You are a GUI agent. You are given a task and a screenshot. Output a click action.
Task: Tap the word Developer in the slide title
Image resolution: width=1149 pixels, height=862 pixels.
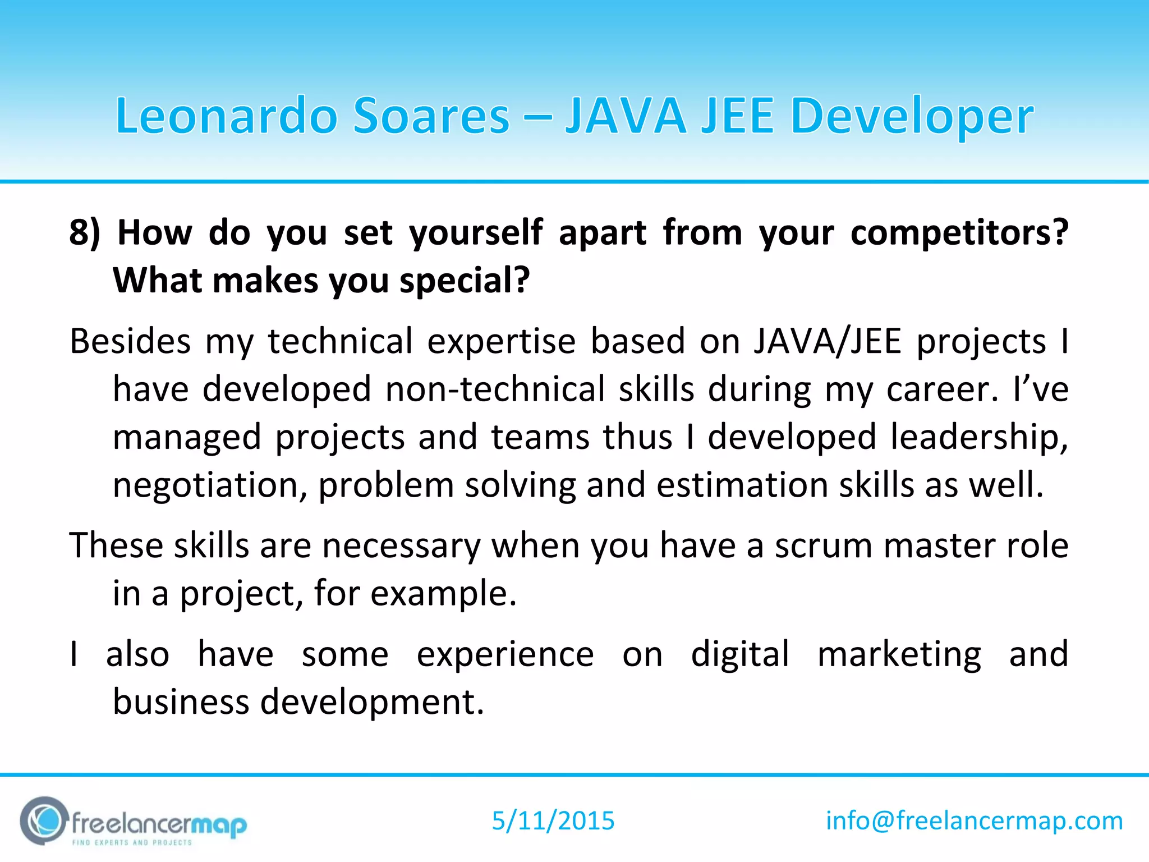911,117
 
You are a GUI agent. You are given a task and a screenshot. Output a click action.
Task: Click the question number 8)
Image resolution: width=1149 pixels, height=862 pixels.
85,232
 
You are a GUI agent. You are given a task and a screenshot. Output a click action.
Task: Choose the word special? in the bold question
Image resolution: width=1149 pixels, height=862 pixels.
465,280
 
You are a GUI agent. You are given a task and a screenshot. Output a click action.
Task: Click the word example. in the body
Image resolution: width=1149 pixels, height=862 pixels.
443,593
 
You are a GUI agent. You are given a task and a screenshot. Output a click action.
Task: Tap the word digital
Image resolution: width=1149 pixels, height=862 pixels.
739,654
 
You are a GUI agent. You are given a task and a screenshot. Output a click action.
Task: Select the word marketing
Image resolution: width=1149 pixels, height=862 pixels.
899,654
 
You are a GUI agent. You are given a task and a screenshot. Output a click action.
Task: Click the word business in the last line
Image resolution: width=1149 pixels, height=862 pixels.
181,702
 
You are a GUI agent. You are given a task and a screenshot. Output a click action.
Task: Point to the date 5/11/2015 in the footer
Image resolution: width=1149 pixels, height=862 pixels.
553,821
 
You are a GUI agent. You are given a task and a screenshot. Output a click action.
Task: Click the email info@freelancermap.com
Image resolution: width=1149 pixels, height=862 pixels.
975,821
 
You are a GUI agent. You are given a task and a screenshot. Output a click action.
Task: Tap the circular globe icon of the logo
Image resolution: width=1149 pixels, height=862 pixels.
44,821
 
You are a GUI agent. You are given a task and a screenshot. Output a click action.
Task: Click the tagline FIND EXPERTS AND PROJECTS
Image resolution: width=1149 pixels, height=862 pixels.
132,842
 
